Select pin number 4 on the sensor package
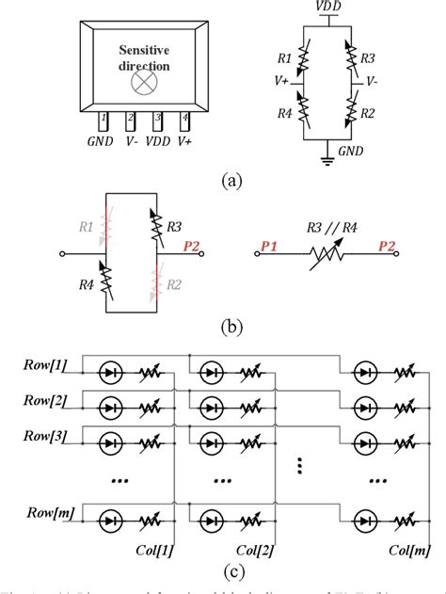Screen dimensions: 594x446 click(x=184, y=120)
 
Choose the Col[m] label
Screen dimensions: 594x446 click(x=410, y=548)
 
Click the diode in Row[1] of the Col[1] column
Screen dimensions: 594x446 click(x=111, y=373)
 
